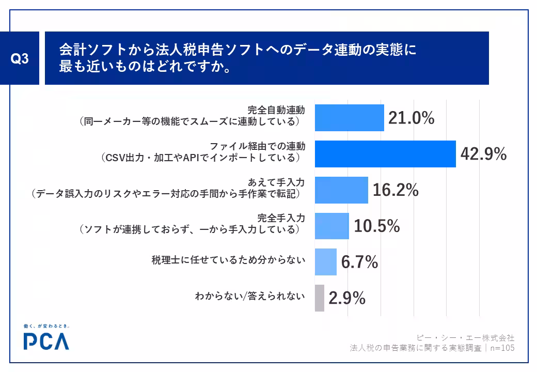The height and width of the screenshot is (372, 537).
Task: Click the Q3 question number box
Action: click(20, 58)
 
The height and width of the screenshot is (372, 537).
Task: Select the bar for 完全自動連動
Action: click(350, 118)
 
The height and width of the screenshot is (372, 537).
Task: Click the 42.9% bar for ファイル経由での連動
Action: click(385, 154)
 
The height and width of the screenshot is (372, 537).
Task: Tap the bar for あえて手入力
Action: click(341, 190)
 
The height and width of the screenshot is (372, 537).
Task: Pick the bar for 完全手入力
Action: click(332, 226)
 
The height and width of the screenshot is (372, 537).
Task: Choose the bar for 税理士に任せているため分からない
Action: click(326, 262)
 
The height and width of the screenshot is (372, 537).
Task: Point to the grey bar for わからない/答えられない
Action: click(320, 298)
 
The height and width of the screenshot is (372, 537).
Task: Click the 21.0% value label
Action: click(412, 118)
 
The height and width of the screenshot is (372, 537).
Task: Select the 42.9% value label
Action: click(484, 154)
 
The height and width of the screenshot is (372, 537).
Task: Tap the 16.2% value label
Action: click(396, 190)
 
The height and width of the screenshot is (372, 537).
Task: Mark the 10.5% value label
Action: click(377, 226)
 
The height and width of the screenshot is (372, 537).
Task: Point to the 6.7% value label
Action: click(359, 262)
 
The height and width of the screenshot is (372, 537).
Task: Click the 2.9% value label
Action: click(347, 298)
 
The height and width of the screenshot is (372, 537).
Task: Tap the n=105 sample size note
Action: click(502, 348)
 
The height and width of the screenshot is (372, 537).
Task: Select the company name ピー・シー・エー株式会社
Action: click(465, 338)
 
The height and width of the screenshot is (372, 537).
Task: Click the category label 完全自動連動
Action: click(276, 110)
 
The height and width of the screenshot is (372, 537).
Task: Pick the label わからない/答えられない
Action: click(250, 296)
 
